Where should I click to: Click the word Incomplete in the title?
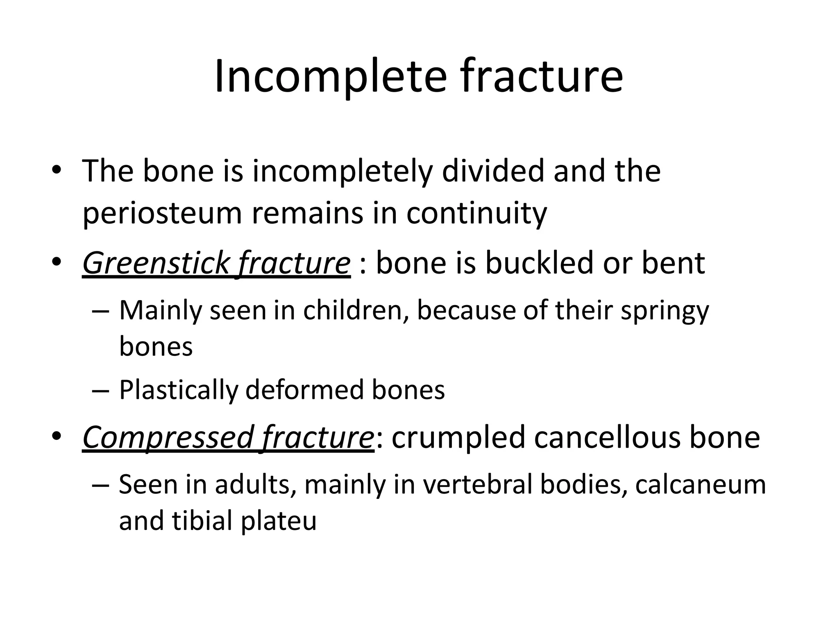tap(330, 77)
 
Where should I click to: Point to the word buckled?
tap(539, 263)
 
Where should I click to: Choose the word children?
tap(356, 310)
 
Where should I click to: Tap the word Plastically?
tap(179, 389)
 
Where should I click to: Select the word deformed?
tap(305, 389)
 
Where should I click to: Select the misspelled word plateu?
tap(279, 521)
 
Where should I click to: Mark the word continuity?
tap(476, 213)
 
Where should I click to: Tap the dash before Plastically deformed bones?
tap(101, 390)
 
